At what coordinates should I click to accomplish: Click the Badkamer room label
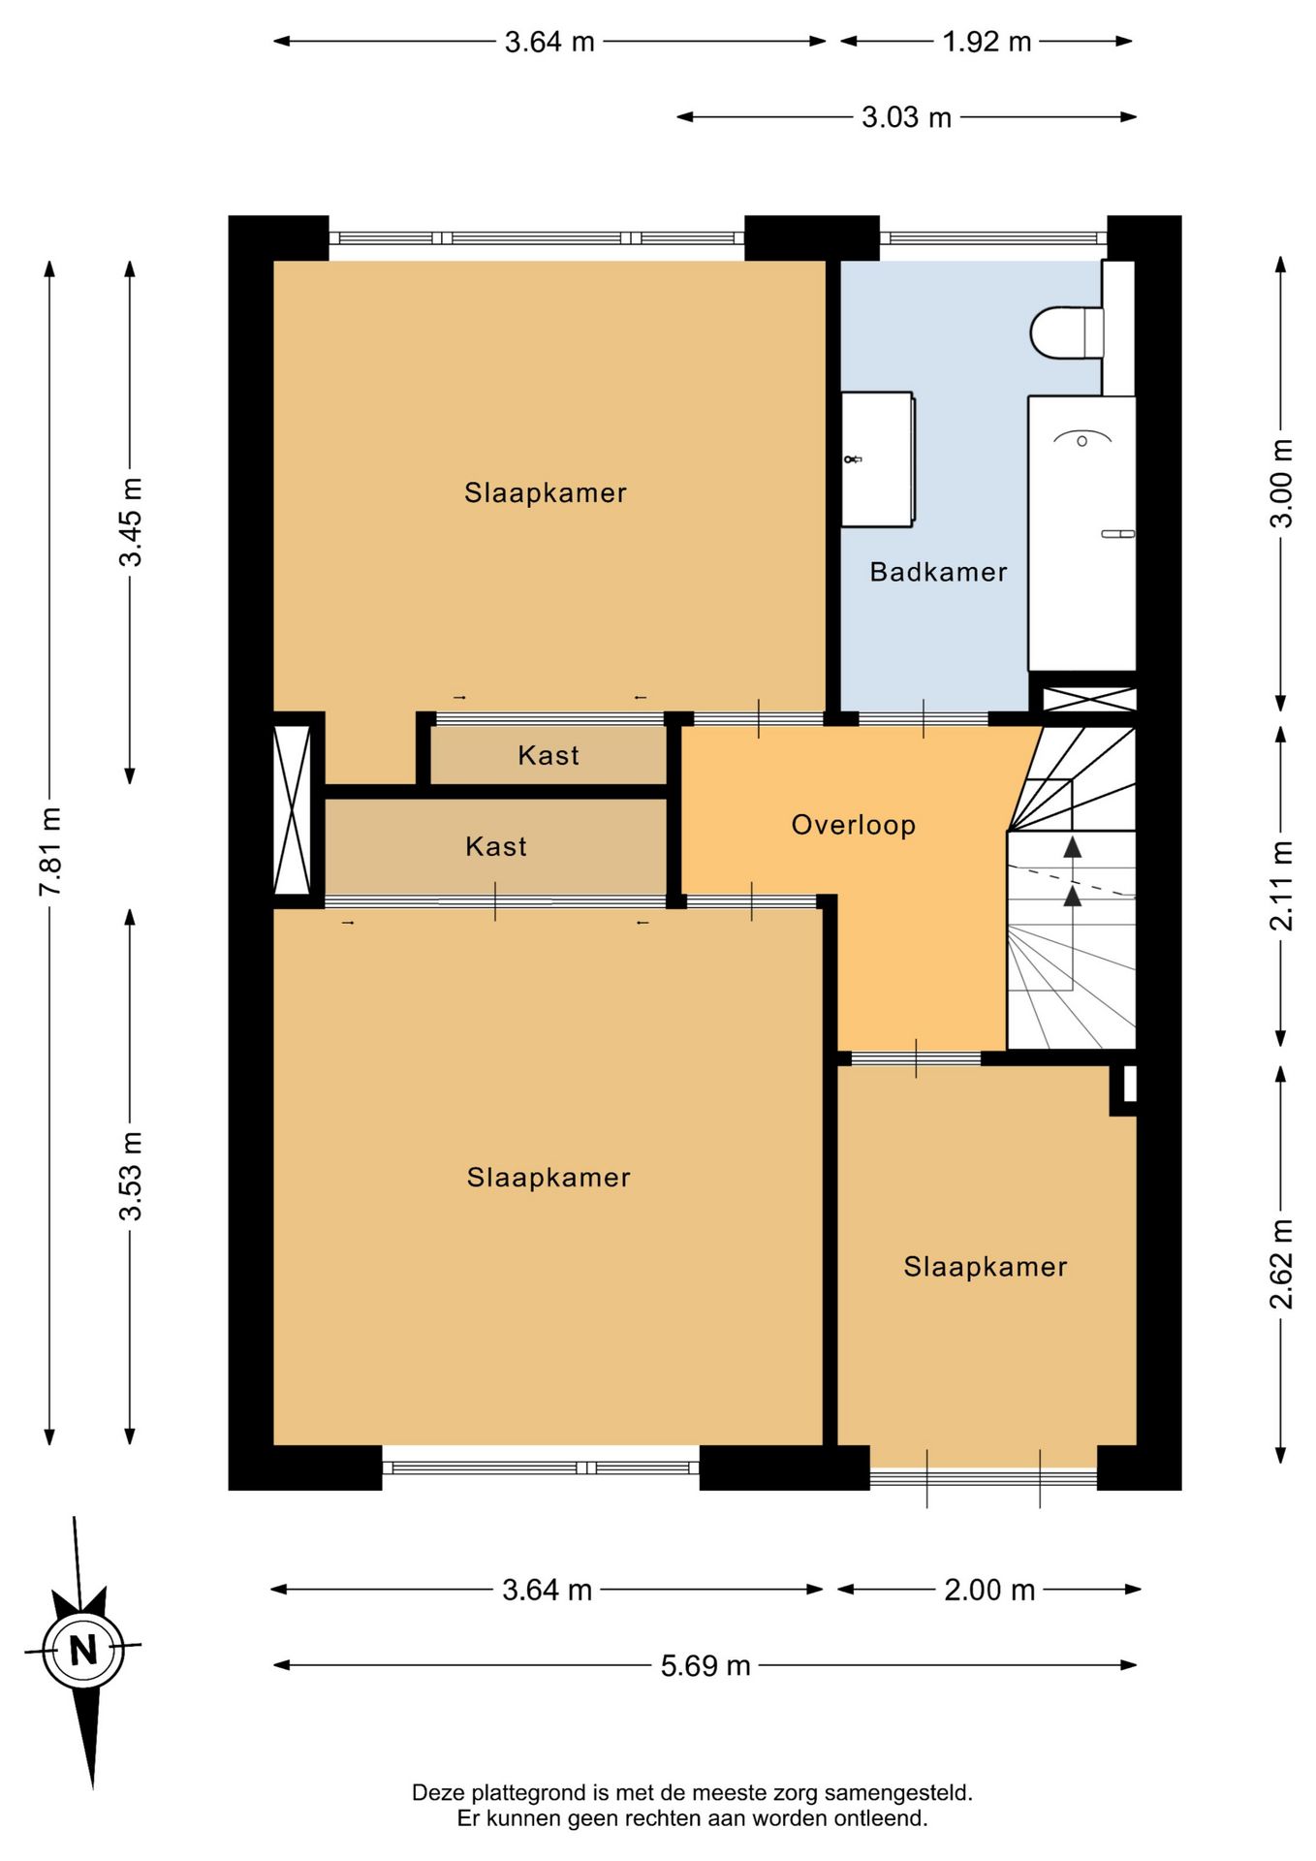(938, 572)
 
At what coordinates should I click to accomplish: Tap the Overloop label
(853, 825)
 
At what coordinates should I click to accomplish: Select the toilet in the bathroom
(1067, 332)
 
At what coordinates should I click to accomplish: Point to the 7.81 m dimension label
(50, 852)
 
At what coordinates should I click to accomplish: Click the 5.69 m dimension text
(705, 1665)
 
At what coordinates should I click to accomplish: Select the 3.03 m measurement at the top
(906, 117)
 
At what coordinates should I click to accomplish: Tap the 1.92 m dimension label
(987, 42)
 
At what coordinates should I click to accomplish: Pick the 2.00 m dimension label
(989, 1590)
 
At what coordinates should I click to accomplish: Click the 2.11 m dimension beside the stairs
(1281, 886)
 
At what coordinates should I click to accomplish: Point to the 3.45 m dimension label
(130, 521)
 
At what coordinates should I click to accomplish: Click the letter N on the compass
(83, 1649)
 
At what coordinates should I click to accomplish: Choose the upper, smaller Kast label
(548, 755)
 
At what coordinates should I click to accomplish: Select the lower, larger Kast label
(496, 846)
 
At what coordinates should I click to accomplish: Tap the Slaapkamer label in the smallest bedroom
(986, 1267)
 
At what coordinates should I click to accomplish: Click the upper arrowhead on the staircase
(1072, 847)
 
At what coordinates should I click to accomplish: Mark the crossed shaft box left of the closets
(292, 810)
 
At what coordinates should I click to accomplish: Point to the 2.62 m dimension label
(1281, 1264)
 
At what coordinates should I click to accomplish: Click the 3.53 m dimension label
(130, 1176)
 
